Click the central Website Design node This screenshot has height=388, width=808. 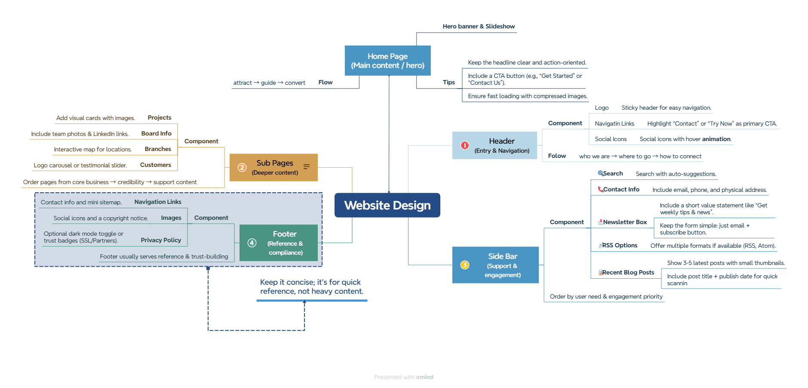[387, 205]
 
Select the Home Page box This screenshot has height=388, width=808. [387, 61]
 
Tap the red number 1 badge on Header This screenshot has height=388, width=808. [464, 145]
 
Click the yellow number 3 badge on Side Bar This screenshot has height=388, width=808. [464, 265]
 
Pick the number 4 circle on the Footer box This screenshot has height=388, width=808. [252, 243]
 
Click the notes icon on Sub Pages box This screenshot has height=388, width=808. [307, 167]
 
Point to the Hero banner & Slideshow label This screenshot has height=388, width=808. [479, 26]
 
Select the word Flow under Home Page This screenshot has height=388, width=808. [325, 82]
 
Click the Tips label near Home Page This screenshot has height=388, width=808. [449, 82]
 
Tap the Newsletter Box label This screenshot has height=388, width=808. [624, 222]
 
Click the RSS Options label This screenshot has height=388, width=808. [619, 245]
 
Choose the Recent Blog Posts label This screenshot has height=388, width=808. [628, 272]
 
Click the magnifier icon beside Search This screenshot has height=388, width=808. [600, 173]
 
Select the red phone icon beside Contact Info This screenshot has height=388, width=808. [600, 189]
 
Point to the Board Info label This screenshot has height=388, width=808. [156, 133]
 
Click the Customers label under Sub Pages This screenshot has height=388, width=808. [155, 165]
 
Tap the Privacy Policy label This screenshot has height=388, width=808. [161, 240]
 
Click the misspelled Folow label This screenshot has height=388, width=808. [557, 156]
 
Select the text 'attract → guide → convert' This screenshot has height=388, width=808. [269, 83]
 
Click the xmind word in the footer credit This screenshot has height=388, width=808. [424, 377]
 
